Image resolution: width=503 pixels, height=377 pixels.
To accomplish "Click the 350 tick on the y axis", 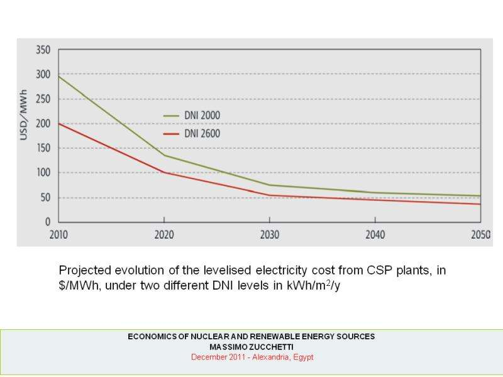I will point(43,50).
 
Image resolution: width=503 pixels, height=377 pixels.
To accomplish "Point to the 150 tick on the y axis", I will point(43,148).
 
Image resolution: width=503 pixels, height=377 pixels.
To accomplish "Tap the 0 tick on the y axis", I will point(47,222).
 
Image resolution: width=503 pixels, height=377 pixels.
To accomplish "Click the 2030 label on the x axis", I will point(269,234).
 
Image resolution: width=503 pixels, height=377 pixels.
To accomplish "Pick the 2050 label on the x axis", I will point(480,234).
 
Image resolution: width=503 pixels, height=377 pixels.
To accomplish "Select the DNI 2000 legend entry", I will point(201,116).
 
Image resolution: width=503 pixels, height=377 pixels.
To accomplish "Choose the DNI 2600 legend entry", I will point(201,134).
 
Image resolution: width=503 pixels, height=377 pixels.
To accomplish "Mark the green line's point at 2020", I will point(164,155).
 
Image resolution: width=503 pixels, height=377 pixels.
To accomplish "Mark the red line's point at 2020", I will point(164,172).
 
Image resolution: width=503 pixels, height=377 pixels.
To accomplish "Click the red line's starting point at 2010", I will point(58,123).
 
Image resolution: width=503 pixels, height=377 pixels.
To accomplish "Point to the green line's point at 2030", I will point(270,185).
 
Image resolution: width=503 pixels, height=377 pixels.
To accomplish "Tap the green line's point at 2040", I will point(375,192).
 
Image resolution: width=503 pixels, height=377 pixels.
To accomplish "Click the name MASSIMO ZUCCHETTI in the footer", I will point(251,347).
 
